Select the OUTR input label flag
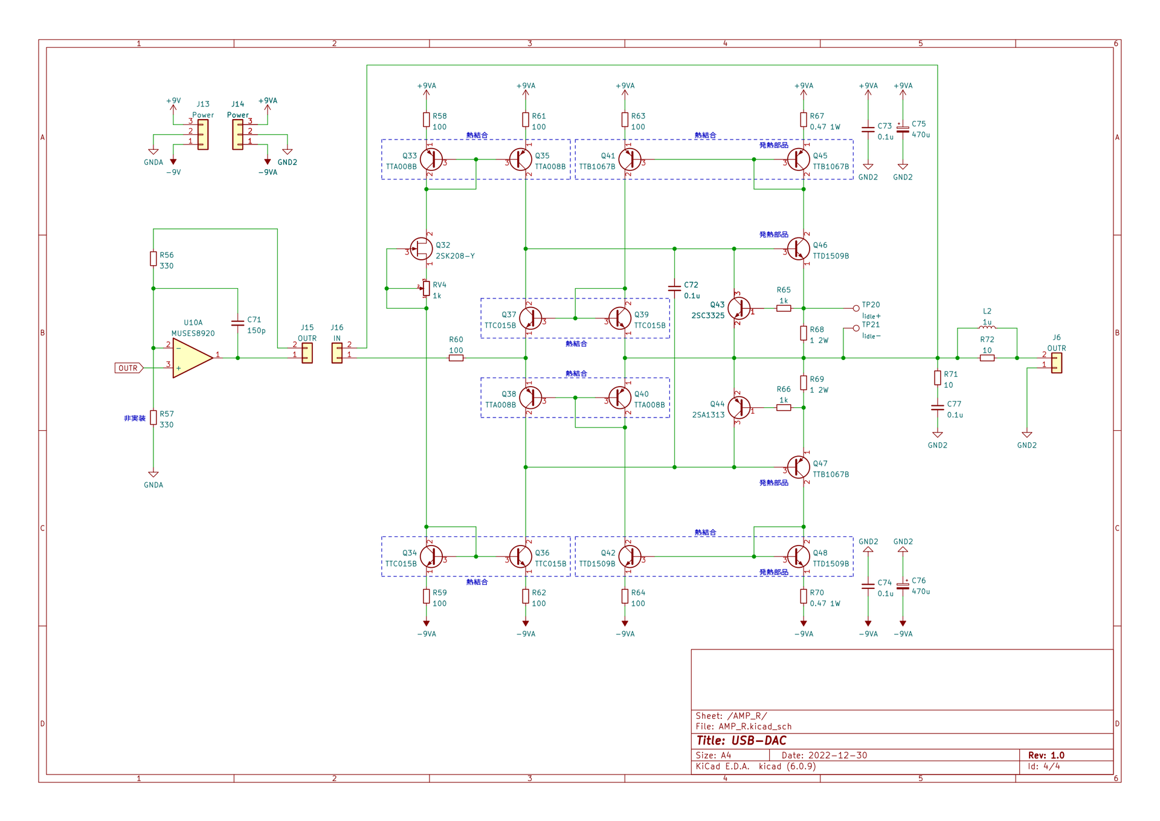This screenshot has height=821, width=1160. pos(129,368)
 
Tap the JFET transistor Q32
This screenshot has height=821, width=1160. pos(422,248)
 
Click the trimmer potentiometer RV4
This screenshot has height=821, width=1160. pos(426,289)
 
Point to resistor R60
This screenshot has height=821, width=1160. pos(456,358)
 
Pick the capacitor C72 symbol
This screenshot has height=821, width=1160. pos(674,288)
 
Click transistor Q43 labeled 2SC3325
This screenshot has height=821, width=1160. pos(739,308)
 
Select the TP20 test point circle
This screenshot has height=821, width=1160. pos(855,308)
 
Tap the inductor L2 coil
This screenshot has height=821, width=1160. pos(987,327)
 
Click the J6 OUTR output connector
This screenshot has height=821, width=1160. pos(1056,362)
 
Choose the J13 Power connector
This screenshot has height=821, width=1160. pos(203,134)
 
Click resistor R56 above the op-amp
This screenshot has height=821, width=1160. pos(153,259)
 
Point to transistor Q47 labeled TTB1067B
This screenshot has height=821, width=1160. pos(798,467)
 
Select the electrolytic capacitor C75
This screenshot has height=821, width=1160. pos(903,129)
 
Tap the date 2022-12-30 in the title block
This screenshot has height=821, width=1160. pos(839,755)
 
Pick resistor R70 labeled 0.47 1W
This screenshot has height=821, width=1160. pos(804,596)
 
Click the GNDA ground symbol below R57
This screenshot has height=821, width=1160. pos(153,475)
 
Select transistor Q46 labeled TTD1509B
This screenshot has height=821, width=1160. pos(798,248)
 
